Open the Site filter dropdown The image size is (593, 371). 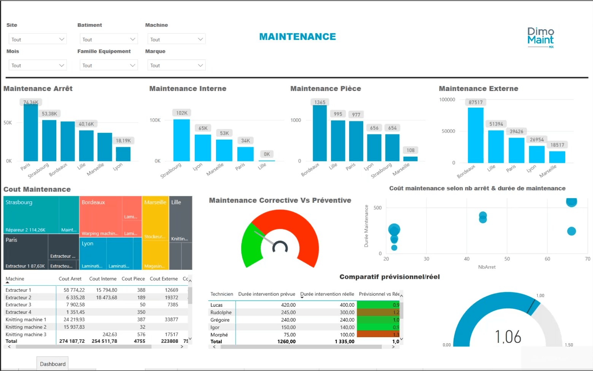point(37,39)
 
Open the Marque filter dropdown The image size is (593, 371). point(176,65)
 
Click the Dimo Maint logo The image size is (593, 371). point(540,37)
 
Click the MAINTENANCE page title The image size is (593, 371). point(297,37)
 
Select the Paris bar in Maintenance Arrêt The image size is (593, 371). point(31,133)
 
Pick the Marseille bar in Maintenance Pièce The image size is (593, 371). point(410,159)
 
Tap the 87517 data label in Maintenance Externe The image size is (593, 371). point(475,102)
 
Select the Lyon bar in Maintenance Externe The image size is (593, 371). point(537,154)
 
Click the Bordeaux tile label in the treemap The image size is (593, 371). point(93,202)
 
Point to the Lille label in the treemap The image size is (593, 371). point(176,202)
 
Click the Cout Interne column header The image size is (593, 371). point(103,279)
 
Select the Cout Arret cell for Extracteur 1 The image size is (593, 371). point(74,290)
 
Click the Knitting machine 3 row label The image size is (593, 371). point(26,334)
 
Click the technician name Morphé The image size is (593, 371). point(219,335)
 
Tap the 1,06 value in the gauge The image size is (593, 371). point(508,337)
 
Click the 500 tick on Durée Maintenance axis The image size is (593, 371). point(377,208)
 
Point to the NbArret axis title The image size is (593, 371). point(486,267)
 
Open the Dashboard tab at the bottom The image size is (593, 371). point(52,364)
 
